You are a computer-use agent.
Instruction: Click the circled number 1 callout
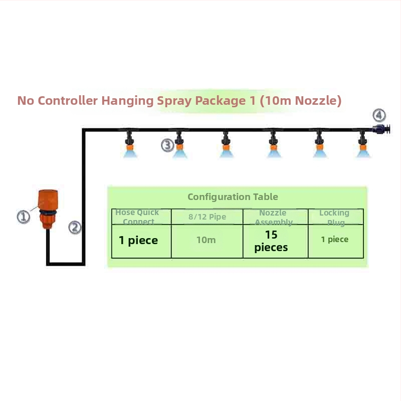coord(24,217)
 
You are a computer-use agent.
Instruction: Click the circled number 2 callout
coord(75,227)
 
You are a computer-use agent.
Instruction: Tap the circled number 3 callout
coord(167,145)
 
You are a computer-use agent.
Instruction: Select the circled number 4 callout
coord(379,115)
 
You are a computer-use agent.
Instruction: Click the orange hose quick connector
coord(48,209)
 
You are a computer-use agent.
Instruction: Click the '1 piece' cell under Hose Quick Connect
coord(138,241)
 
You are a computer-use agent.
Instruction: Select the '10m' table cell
coord(206,240)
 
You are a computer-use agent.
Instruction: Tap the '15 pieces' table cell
coord(271,241)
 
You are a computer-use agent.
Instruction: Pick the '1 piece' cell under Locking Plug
coord(335,240)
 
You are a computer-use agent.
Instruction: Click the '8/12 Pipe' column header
coord(207,217)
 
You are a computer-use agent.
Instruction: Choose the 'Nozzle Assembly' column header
coord(273,218)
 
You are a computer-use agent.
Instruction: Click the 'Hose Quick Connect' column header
coord(137,217)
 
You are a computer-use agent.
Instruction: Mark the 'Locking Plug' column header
coord(334,218)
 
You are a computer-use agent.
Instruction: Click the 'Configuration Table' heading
coord(233,197)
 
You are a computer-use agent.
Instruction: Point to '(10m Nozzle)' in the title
coord(301,101)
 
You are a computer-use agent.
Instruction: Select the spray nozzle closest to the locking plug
coord(363,146)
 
